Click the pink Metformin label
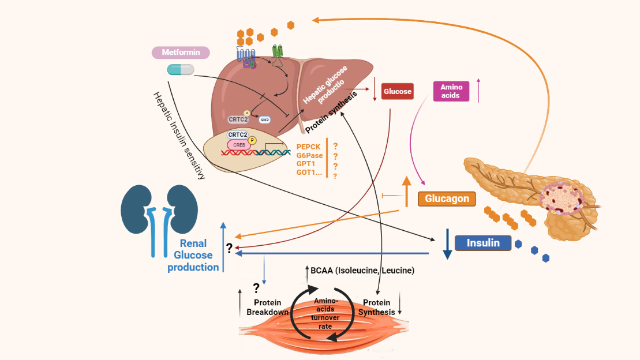point(181,52)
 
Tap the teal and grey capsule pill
point(181,70)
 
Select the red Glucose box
point(398,92)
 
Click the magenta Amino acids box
point(451,91)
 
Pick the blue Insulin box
point(483,243)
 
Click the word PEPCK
point(308,147)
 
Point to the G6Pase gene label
point(309,155)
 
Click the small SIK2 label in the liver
point(265,120)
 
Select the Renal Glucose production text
point(193,255)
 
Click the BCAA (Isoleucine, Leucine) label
point(362,270)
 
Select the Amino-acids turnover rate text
point(325,313)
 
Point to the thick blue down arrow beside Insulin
point(447,245)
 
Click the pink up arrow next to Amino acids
point(478,90)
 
